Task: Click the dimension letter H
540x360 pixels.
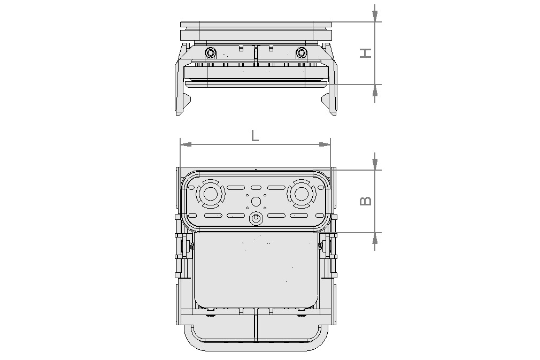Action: [x=366, y=52]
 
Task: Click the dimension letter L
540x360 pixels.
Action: [x=255, y=135]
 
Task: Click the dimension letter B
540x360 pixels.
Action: [x=366, y=201]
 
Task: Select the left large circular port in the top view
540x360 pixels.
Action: [x=210, y=194]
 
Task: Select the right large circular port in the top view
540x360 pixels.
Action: [x=300, y=194]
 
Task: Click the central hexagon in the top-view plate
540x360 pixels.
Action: [x=256, y=201]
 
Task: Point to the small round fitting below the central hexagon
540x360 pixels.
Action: [x=256, y=218]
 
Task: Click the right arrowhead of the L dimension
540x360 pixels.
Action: [x=325, y=144]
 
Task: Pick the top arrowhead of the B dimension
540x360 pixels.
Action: [x=375, y=162]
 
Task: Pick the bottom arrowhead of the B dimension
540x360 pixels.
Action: [x=375, y=240]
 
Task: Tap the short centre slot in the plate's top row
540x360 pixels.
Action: [x=256, y=188]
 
